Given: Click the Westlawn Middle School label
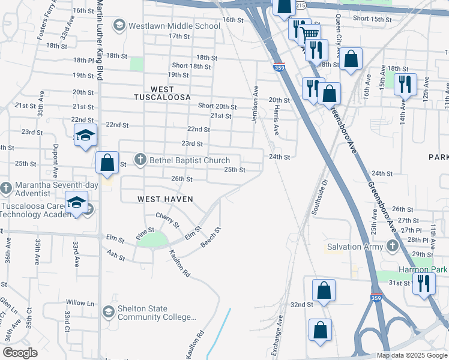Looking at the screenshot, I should (174, 26).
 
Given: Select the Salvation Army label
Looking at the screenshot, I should (354, 247).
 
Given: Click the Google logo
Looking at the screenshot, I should (20, 353).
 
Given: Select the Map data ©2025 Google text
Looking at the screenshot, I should (411, 355).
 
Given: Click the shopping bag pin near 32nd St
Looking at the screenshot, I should (324, 291).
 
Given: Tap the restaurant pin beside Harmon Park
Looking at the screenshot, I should (424, 283).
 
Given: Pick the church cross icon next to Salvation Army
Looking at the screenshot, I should (393, 246).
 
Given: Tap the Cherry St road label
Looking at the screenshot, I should (167, 220).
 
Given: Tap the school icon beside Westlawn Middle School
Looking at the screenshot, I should (119, 25).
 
